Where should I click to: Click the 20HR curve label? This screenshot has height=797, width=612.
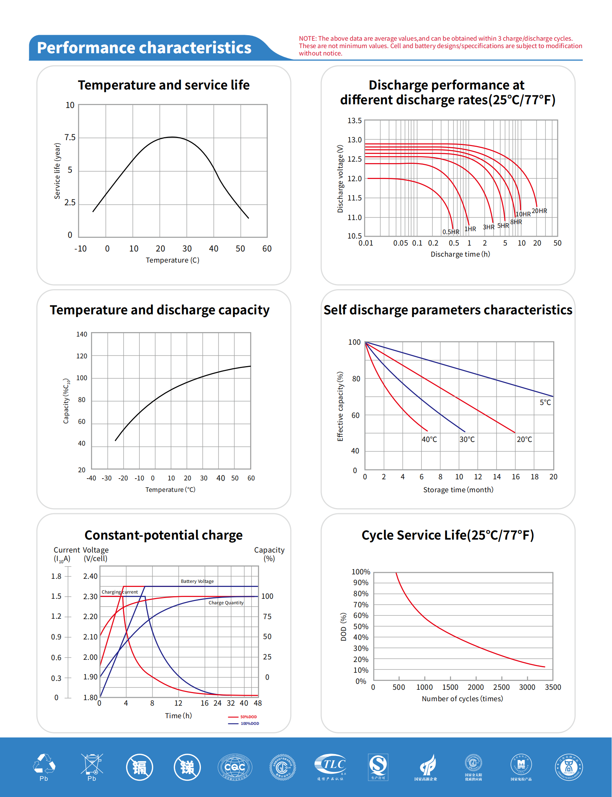tap(539, 211)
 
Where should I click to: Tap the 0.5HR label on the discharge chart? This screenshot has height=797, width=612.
tap(451, 232)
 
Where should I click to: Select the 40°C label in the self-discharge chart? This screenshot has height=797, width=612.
tap(429, 439)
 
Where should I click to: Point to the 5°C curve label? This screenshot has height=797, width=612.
tap(545, 402)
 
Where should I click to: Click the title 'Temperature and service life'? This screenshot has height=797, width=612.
tap(164, 85)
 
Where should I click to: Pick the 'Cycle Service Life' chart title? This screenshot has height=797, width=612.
tap(447, 535)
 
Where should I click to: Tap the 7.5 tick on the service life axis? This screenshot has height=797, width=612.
tap(70, 138)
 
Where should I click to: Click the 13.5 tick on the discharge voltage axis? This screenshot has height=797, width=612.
tap(354, 121)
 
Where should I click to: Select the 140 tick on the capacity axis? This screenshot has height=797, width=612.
tap(82, 334)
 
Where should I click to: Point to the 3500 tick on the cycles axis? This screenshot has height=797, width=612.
tap(553, 687)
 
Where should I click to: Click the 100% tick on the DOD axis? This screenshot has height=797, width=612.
tap(361, 572)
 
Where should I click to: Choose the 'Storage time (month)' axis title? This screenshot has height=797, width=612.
tap(458, 490)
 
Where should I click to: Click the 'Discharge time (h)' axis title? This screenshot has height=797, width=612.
tap(460, 254)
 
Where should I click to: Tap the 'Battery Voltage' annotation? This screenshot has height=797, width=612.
tap(197, 581)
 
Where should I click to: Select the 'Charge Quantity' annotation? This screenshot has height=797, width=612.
tap(226, 602)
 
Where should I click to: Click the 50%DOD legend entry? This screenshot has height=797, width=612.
tap(248, 717)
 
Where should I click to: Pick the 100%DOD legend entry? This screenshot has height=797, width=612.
tap(249, 723)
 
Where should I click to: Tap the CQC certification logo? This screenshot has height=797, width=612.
tap(235, 767)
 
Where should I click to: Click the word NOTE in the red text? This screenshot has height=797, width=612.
tap(307, 38)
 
